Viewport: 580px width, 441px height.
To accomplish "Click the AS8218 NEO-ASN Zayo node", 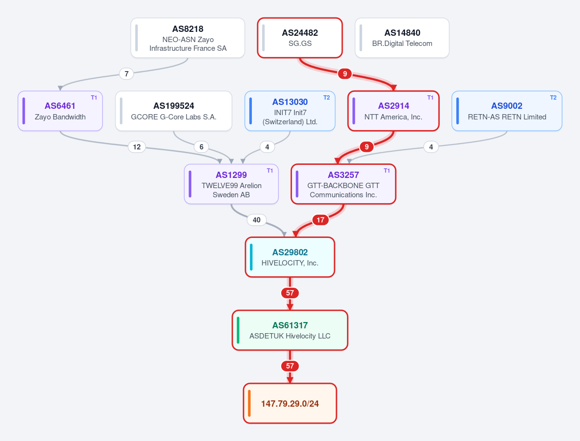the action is pyautogui.click(x=188, y=38).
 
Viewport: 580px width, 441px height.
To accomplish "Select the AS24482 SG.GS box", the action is pyautogui.click(x=300, y=38).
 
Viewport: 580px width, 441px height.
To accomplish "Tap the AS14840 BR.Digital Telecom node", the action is pyautogui.click(x=402, y=38).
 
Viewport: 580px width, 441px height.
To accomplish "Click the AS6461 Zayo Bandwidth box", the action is pyautogui.click(x=60, y=111).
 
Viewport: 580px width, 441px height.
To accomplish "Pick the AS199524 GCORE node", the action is pyautogui.click(x=174, y=111).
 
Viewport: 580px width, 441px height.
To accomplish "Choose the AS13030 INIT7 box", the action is pyautogui.click(x=290, y=111).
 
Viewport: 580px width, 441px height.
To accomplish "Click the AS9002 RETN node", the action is pyautogui.click(x=507, y=111).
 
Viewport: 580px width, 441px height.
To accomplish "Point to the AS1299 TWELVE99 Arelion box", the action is pyautogui.click(x=231, y=184).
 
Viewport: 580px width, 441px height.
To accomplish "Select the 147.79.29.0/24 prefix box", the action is pyautogui.click(x=290, y=403).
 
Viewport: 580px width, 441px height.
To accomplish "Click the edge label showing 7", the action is pyautogui.click(x=126, y=73).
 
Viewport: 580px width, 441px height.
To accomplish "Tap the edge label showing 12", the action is pyautogui.click(x=137, y=147).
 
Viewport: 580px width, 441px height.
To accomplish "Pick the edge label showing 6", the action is pyautogui.click(x=202, y=147).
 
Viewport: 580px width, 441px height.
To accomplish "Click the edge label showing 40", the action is pyautogui.click(x=256, y=220).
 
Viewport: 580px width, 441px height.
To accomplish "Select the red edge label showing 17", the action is pyautogui.click(x=320, y=220).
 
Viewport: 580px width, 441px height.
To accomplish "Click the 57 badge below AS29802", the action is pyautogui.click(x=290, y=293).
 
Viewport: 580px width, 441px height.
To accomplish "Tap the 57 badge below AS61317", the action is pyautogui.click(x=290, y=366).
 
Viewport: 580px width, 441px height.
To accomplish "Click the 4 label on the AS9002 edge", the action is pyautogui.click(x=431, y=147).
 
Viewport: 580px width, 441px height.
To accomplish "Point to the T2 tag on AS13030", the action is pyautogui.click(x=327, y=98).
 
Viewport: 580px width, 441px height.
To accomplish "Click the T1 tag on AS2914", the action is pyautogui.click(x=430, y=98).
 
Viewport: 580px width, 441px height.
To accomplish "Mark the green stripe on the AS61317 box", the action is pyautogui.click(x=238, y=330).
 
